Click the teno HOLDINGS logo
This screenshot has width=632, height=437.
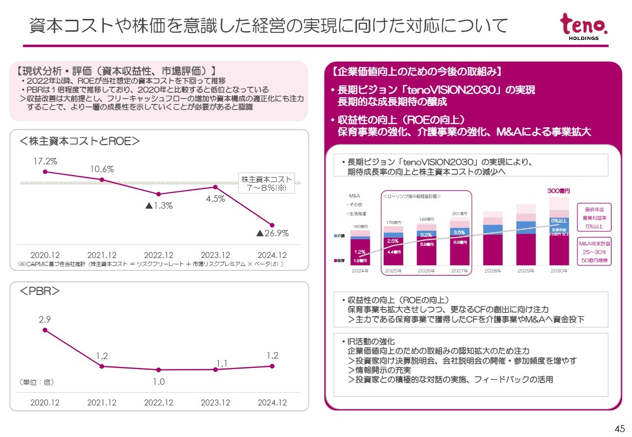584,27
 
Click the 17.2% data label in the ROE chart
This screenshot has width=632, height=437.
45,161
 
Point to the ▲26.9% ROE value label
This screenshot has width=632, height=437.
272,233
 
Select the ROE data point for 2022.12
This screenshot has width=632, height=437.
158,194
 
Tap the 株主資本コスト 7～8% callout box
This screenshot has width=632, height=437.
266,183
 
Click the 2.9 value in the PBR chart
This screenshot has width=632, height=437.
45,320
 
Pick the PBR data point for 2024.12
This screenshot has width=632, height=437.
272,365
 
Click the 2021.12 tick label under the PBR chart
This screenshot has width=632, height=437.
102,402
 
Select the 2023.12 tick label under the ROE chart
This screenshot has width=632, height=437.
215,255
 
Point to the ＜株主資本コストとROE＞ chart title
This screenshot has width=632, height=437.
79,141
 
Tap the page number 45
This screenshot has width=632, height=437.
619,428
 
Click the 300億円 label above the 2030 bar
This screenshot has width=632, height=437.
558,191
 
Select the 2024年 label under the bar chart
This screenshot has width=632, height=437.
360,271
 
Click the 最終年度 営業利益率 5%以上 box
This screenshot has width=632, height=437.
594,217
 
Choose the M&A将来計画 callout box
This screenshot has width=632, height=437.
594,252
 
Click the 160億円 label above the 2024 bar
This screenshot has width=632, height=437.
360,227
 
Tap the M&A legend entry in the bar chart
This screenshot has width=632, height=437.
354,196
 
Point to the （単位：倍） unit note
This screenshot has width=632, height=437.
37,382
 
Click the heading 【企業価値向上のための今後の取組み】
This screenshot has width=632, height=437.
418,72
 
